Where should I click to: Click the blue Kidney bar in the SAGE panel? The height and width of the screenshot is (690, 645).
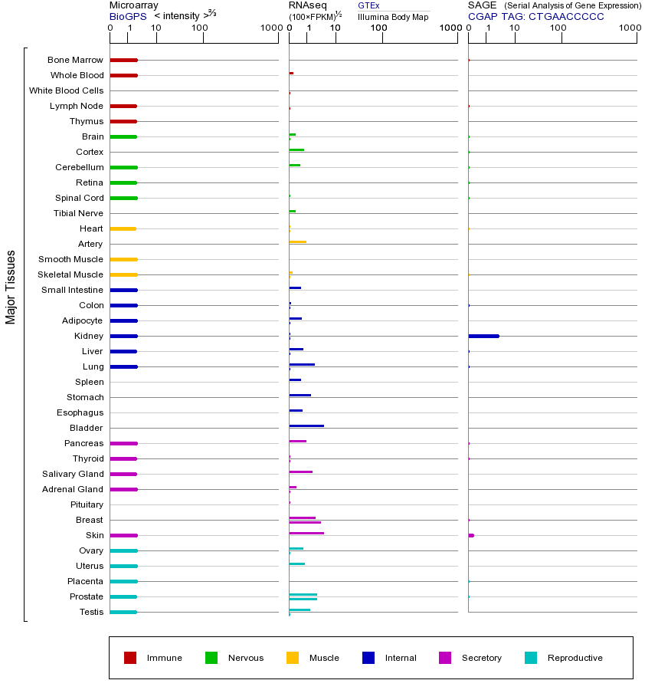pos(483,336)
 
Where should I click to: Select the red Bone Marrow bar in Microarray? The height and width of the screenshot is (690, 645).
pos(123,60)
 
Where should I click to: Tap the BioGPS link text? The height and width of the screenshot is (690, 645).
pos(126,15)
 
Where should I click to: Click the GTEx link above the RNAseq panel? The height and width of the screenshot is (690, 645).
pos(368,5)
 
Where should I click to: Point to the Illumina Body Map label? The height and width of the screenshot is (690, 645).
pos(393,16)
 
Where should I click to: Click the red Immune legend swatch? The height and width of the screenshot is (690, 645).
pos(130,658)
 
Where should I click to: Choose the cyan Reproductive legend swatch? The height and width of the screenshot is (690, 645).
pos(531,658)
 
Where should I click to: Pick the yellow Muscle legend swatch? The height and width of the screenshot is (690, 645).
pos(293,658)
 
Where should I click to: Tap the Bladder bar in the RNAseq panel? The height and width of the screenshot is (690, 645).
pos(306,426)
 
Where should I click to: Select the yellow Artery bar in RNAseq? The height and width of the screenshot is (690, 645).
pos(297,242)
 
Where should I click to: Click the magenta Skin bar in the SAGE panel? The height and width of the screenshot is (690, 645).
pos(471,535)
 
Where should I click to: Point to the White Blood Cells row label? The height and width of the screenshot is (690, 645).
pos(66,90)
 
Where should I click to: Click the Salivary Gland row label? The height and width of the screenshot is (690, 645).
pos(74,474)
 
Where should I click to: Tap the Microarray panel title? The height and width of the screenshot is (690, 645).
pos(134,5)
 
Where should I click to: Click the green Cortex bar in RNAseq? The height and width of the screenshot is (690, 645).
pos(296,149)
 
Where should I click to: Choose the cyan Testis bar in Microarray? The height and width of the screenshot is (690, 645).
pos(123,612)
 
